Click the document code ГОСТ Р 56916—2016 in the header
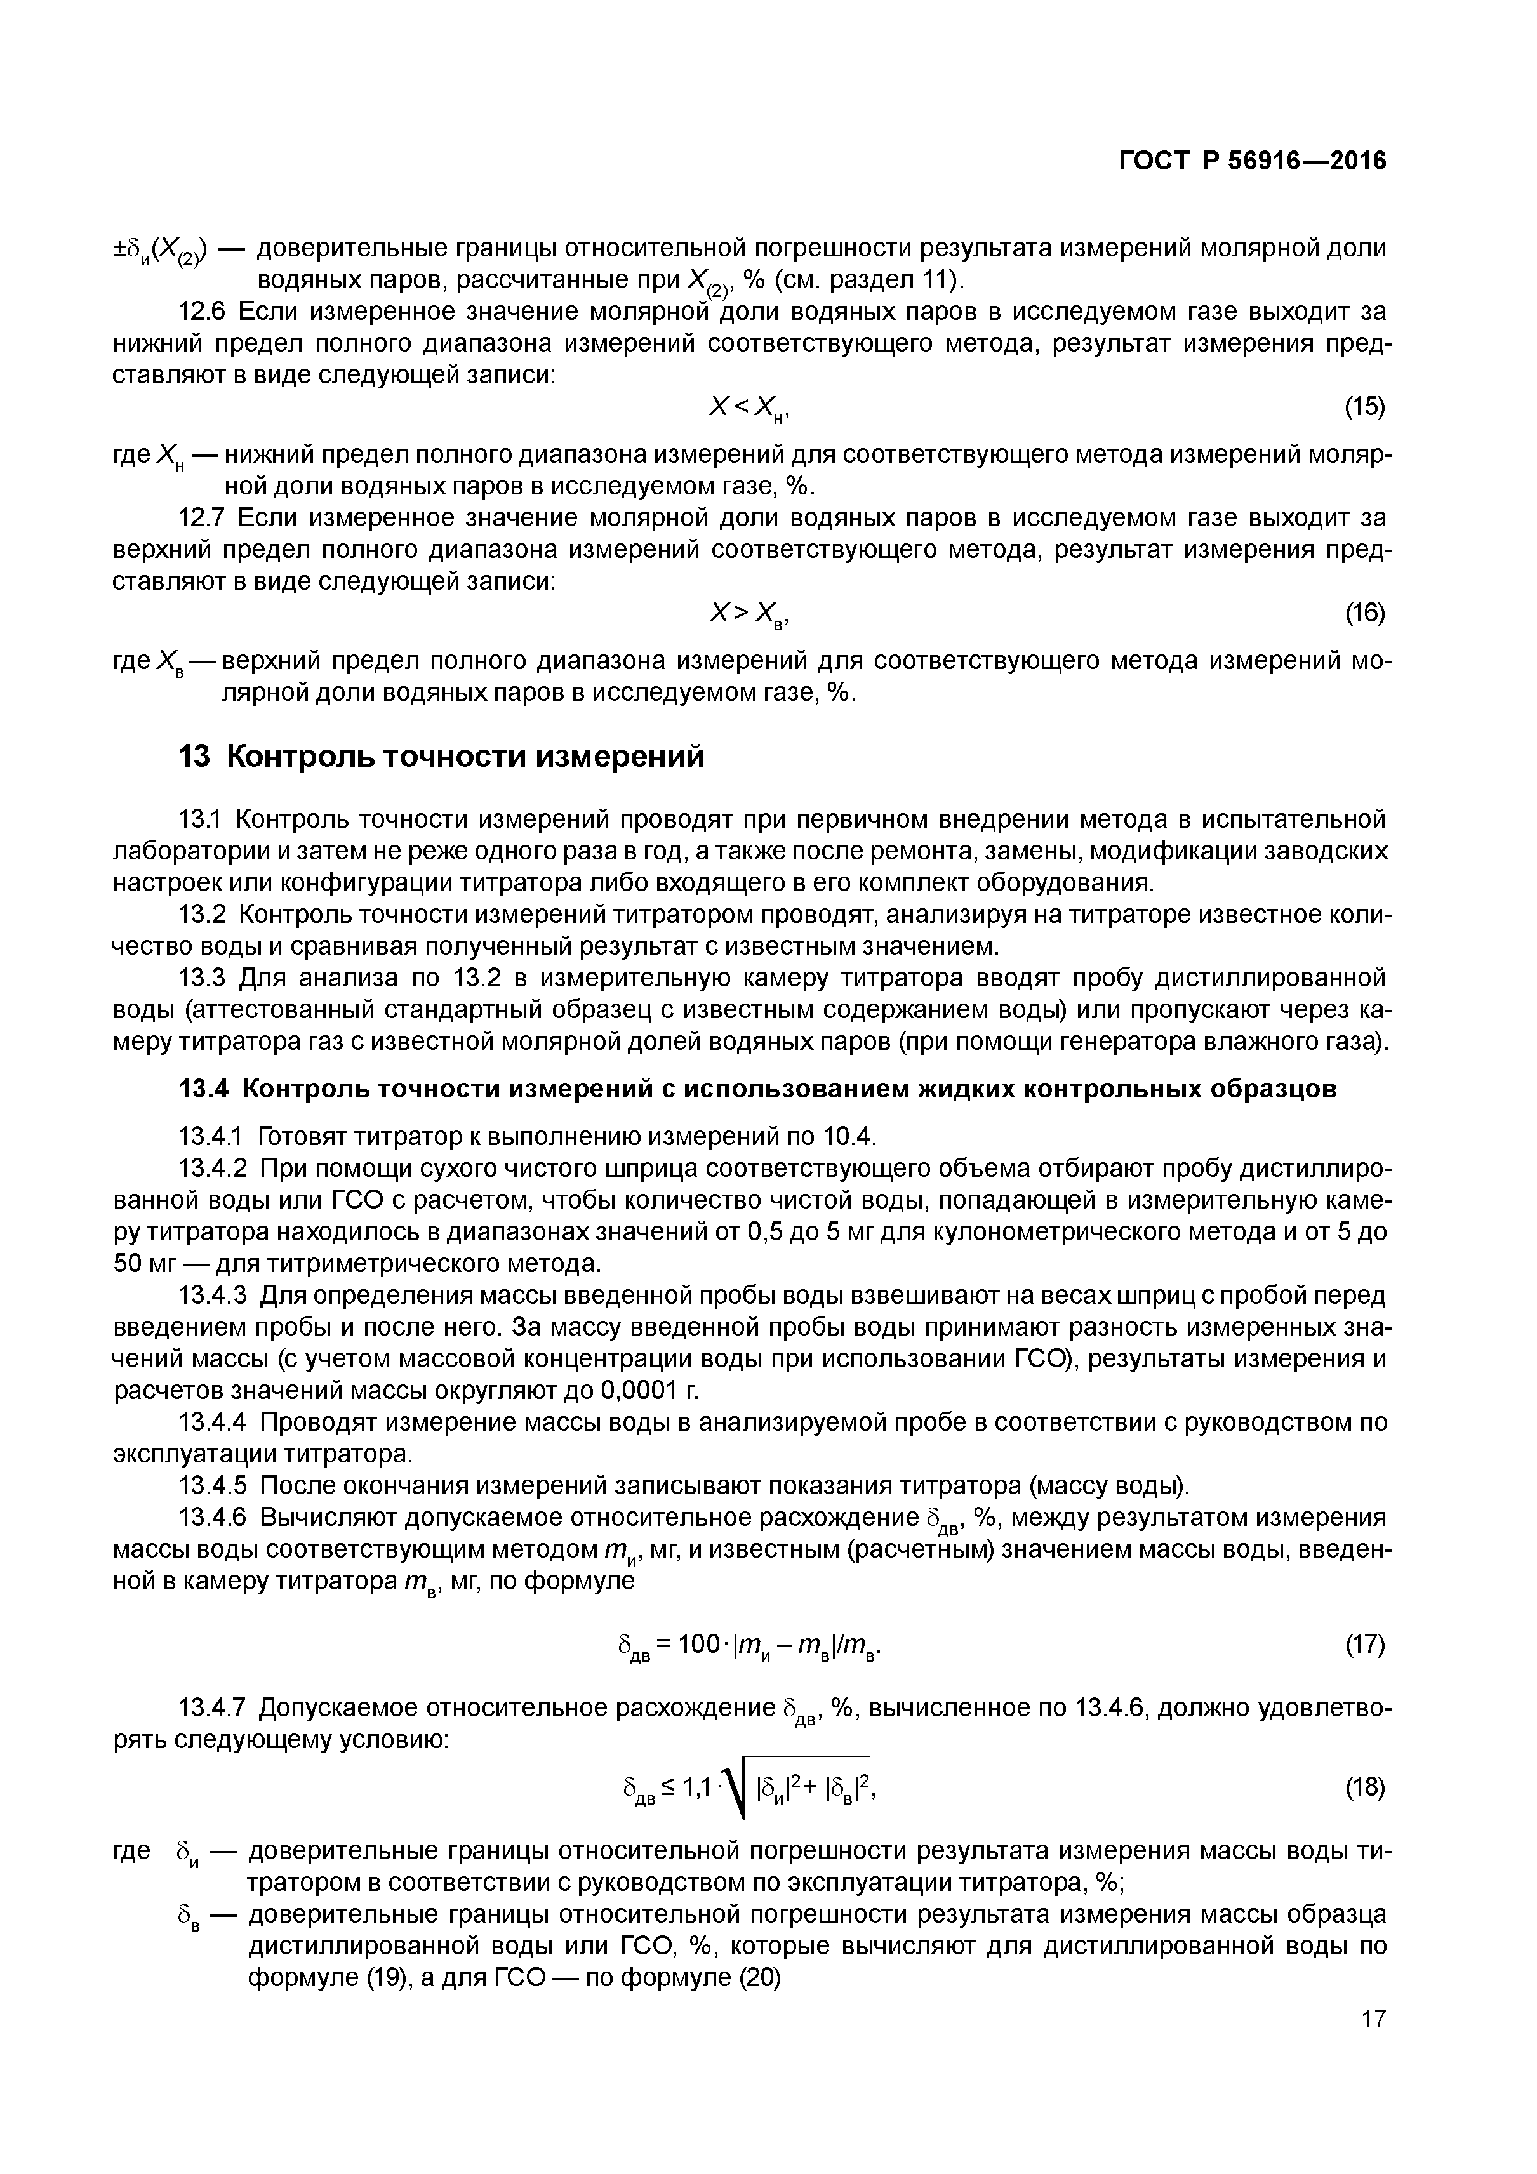(1251, 162)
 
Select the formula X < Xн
(748, 408)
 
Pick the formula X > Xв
(748, 614)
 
